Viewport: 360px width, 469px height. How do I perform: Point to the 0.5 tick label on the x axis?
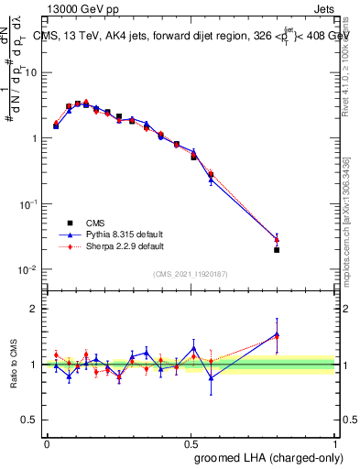click(191, 442)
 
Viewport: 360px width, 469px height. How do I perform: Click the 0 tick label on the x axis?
click(47, 442)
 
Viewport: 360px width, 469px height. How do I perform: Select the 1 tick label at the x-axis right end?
click(334, 442)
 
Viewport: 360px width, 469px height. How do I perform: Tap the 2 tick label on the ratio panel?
click(34, 310)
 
